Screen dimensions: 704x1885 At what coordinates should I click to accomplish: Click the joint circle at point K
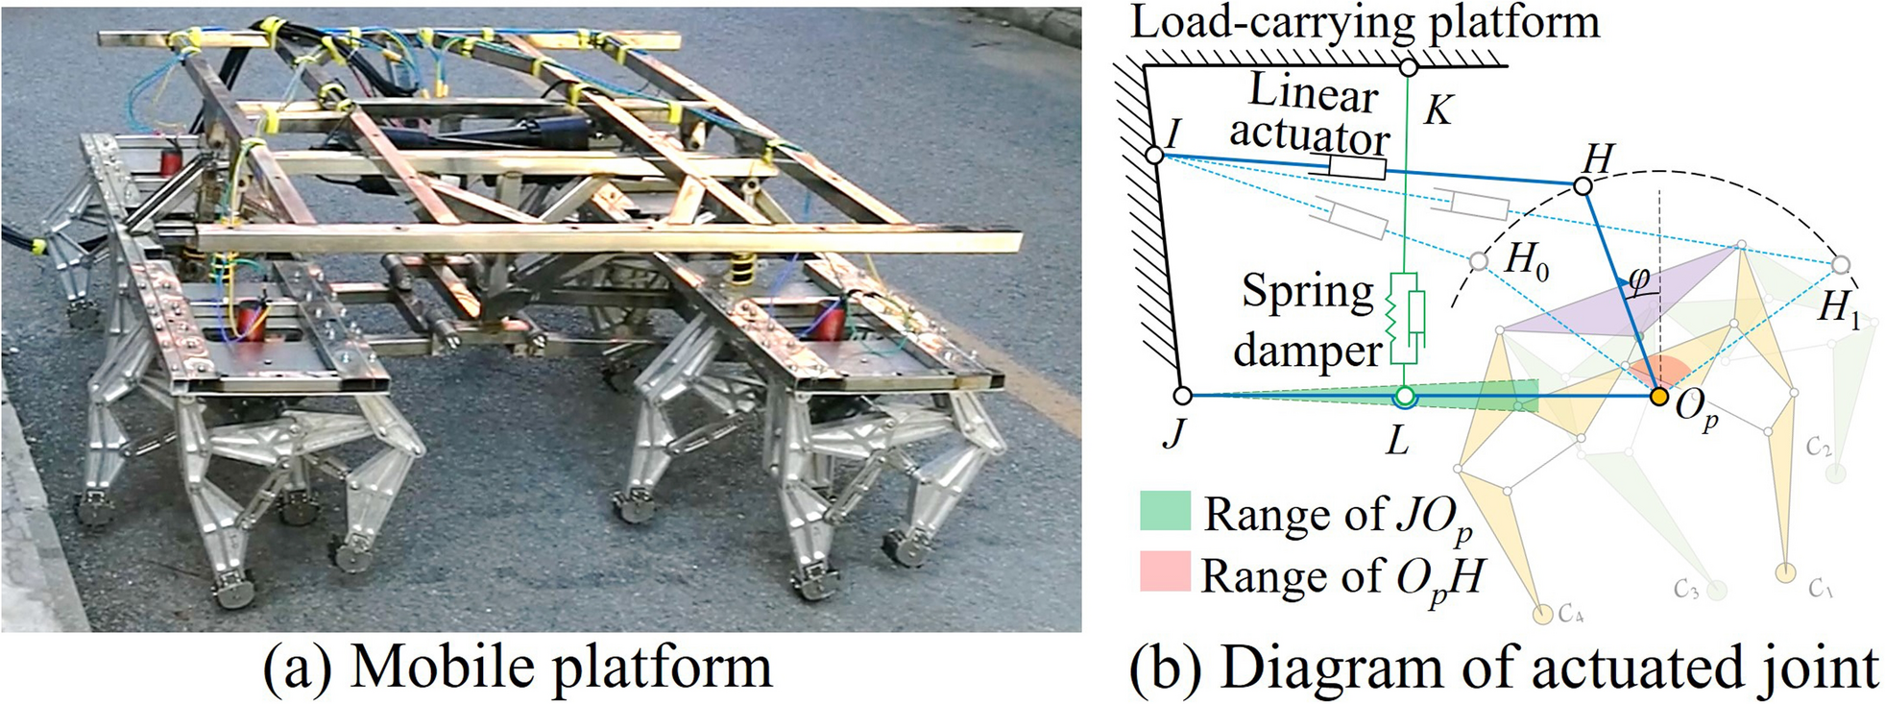coord(1408,67)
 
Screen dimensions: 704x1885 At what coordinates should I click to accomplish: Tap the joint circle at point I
coord(1155,155)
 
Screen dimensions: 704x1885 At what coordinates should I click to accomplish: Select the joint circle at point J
coord(1183,395)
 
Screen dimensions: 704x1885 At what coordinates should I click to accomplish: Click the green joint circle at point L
coord(1405,396)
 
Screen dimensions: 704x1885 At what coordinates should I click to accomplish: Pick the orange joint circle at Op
coord(1658,395)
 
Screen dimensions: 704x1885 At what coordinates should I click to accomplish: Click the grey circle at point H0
coord(1480,261)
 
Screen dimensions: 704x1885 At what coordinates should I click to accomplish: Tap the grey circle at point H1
coord(1840,264)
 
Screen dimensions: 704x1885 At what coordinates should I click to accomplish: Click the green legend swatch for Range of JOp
coord(1165,511)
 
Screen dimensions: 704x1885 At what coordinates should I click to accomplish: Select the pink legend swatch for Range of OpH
coord(1165,570)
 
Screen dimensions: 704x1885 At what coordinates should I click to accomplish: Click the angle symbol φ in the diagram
coord(1639,279)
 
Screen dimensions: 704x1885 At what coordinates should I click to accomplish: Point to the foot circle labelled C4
coord(1542,614)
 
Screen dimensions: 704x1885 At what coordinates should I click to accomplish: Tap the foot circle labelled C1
coord(1784,573)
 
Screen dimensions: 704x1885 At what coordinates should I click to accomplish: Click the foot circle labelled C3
coord(1717,590)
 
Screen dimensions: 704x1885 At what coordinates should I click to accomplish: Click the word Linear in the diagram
coord(1313,94)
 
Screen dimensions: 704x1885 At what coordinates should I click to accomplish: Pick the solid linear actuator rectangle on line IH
coord(1357,168)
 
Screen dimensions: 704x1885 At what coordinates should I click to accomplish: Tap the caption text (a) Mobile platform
coord(518,668)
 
